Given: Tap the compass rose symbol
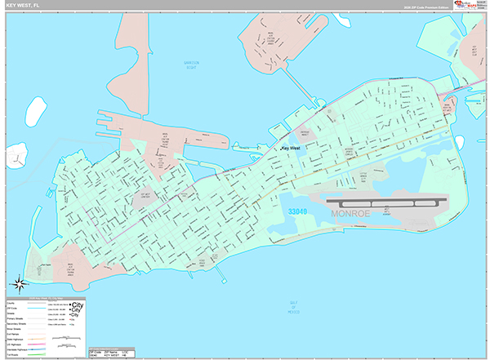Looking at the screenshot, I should click(20, 284).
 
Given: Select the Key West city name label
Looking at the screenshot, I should click(292, 149).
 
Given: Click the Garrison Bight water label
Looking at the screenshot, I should click(191, 64).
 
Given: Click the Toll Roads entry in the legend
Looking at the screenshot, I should click(16, 356).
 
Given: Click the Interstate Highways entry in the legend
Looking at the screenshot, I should click(16, 349).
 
